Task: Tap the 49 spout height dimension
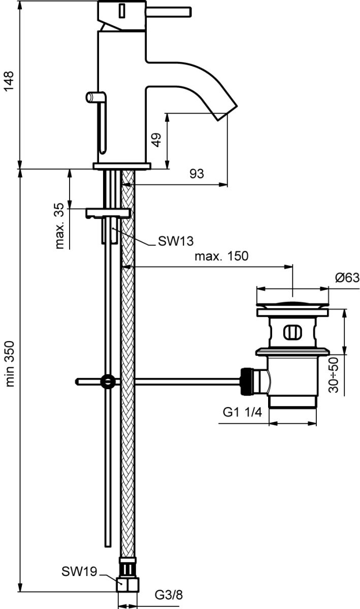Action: click(x=156, y=140)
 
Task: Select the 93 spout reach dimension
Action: click(x=197, y=174)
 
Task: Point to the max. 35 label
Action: click(x=59, y=226)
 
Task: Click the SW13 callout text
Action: click(x=176, y=241)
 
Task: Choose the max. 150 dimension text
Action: click(x=221, y=256)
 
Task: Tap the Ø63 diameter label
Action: click(x=347, y=278)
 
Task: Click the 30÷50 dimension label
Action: click(x=333, y=375)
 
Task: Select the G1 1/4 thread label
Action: click(x=242, y=413)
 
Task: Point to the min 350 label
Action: click(x=9, y=364)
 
